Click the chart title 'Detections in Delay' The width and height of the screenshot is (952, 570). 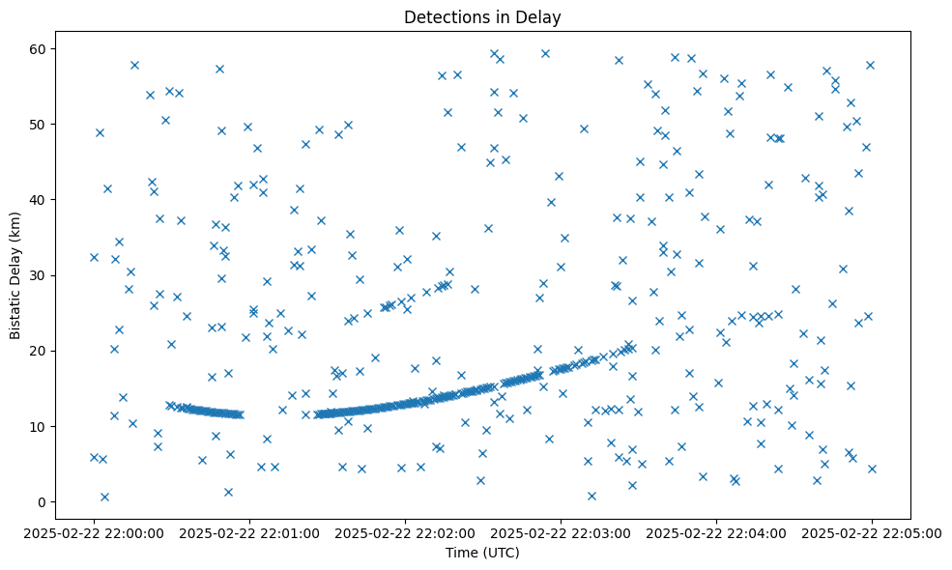[482, 17]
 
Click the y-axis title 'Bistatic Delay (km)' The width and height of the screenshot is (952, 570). [15, 274]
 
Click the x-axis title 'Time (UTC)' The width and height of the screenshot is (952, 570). [482, 553]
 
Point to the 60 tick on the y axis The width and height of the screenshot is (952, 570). [42, 49]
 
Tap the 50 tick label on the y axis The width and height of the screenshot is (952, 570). [42, 125]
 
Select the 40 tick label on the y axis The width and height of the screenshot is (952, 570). [42, 200]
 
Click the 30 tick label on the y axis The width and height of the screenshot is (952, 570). [42, 275]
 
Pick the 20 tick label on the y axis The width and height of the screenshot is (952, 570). [42, 351]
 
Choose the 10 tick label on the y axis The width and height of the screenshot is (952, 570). [42, 426]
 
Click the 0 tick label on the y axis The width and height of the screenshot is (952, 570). [44, 501]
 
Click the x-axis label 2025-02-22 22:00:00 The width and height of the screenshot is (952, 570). [94, 532]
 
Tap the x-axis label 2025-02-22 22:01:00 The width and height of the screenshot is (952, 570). [249, 532]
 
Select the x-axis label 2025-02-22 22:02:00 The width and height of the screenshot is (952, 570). [405, 532]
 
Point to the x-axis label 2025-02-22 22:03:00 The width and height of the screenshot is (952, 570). [561, 532]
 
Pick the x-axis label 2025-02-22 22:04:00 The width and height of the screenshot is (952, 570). [716, 532]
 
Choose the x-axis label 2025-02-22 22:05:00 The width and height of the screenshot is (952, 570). [872, 532]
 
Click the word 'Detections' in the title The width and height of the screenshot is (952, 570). [442, 17]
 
